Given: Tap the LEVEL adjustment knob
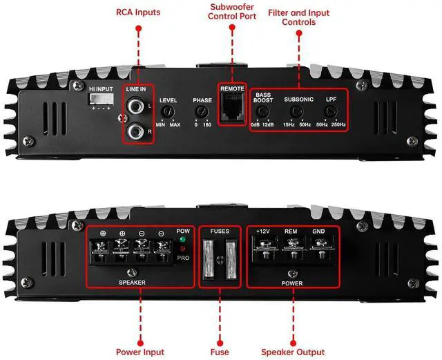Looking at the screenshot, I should (168, 111).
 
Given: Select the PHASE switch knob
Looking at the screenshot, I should (202, 111).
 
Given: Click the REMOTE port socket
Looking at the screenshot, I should (233, 108).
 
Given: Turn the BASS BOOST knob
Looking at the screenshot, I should (263, 111).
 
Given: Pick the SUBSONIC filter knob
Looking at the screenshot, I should (299, 111).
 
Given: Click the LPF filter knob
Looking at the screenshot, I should (331, 111).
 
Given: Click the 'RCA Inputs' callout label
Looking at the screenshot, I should (138, 12).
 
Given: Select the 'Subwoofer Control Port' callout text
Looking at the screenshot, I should (232, 12).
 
